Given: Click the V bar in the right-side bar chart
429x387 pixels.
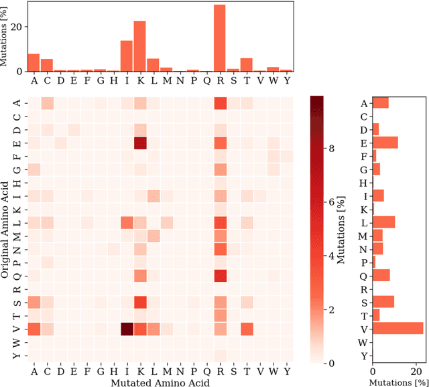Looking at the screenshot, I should [x=397, y=328].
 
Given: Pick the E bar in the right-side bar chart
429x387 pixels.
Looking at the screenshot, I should [x=385, y=143].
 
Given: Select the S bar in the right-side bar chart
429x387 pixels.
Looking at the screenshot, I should [x=383, y=302].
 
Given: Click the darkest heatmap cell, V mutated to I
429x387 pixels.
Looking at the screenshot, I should [x=126, y=328].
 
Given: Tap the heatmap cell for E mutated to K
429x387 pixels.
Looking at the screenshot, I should [x=139, y=143].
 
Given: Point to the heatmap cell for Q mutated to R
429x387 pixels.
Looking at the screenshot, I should [x=220, y=275].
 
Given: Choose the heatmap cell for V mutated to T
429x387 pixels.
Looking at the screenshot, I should [x=247, y=328].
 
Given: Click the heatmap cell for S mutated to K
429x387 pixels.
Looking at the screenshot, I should [x=139, y=302].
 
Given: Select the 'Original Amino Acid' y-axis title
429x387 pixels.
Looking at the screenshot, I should [x=5, y=228].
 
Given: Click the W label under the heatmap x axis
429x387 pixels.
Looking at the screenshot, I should [x=273, y=372].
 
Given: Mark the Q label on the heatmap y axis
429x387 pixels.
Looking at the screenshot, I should [x=17, y=275].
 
